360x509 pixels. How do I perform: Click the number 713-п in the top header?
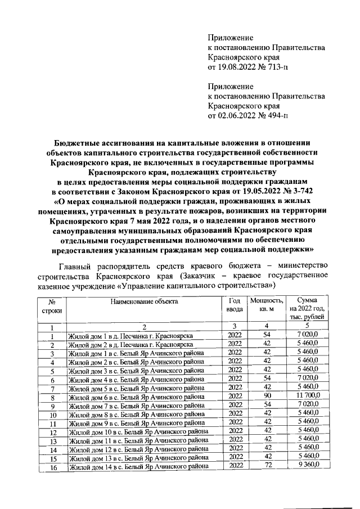point(273,67)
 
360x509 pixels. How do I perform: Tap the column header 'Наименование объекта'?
point(144,302)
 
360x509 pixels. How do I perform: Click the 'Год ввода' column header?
point(235,305)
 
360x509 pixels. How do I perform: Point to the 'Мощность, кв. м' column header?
point(267,305)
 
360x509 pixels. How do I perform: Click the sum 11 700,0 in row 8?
point(309,396)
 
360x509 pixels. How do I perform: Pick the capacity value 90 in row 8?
point(267,396)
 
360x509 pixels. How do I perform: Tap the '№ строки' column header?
point(52,306)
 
